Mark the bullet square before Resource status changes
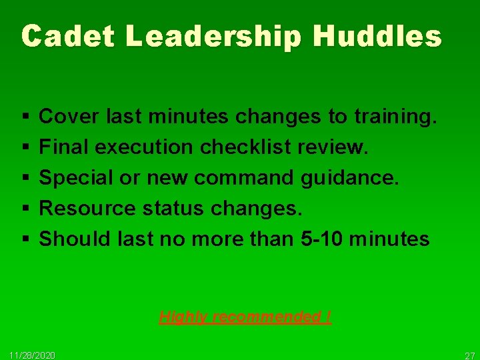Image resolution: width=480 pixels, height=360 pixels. point(24,209)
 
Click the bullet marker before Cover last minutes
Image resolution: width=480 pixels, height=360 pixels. point(24,118)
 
